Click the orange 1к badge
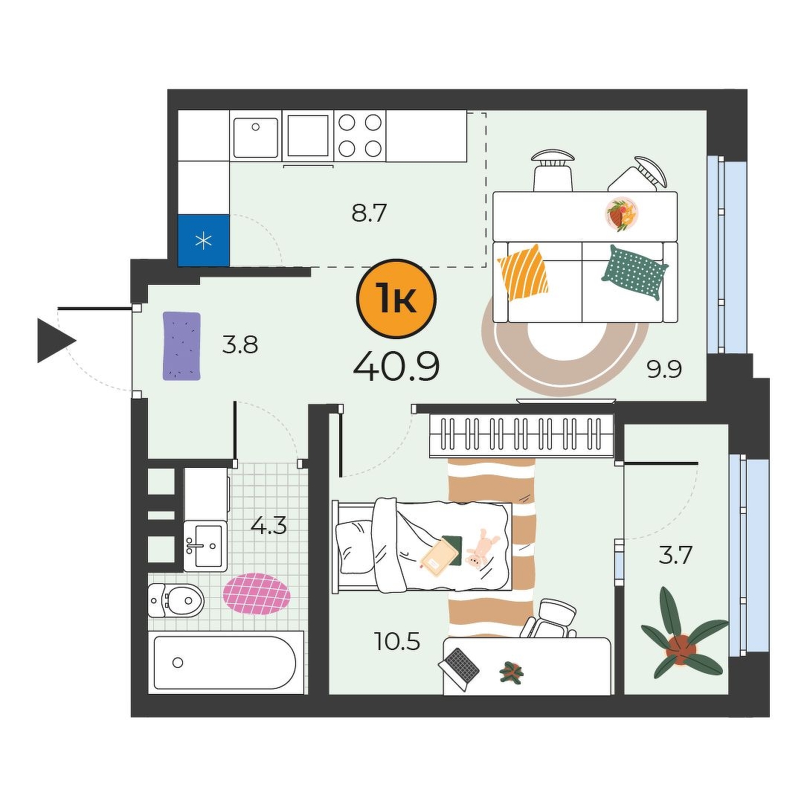point(396,298)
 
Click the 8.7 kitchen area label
point(369,213)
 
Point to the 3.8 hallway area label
point(239,344)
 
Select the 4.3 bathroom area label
point(269,525)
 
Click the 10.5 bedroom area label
point(398,641)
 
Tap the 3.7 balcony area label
point(676,556)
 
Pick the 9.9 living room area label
point(664,369)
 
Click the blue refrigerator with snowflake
point(204,240)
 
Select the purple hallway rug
point(181,346)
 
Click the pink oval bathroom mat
point(257,594)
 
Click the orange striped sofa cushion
point(523,271)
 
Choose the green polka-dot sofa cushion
point(634,272)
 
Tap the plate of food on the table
point(622,214)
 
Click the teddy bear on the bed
point(480,549)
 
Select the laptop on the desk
point(460,668)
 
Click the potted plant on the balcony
point(682,633)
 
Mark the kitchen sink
point(255,138)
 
